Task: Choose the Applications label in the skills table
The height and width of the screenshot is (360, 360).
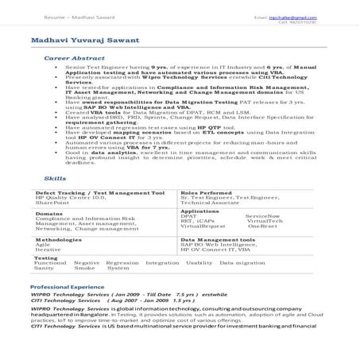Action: pos(200,211)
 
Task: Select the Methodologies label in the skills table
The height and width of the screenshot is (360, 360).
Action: pos(59,238)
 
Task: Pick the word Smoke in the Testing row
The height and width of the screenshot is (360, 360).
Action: pos(84,268)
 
